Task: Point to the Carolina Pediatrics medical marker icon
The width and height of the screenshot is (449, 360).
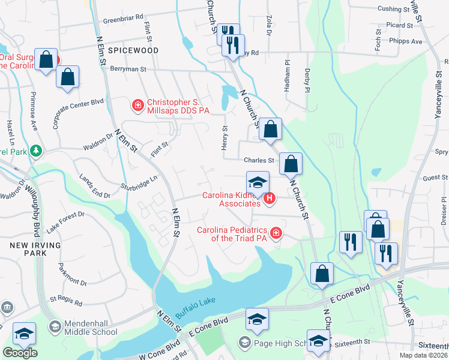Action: click(x=276, y=233)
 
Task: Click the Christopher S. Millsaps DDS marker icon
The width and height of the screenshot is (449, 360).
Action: click(x=137, y=106)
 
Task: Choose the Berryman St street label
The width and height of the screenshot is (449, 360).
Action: click(x=128, y=70)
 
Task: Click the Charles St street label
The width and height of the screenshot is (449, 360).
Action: click(x=259, y=160)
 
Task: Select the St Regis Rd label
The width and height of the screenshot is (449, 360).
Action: click(x=65, y=298)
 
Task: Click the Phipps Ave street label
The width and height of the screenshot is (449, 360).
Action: click(x=405, y=42)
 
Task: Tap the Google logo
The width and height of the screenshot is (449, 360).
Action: click(x=20, y=353)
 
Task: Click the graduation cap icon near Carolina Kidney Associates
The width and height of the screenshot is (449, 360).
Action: click(x=258, y=182)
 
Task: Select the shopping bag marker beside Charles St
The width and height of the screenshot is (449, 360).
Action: click(x=291, y=163)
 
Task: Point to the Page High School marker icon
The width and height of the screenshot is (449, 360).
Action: click(x=244, y=343)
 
